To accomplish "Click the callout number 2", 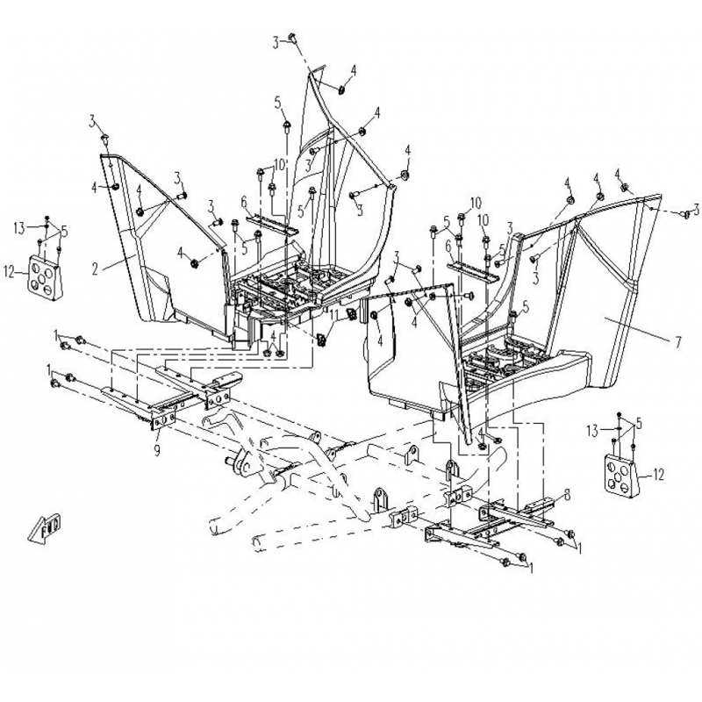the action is (x=95, y=269).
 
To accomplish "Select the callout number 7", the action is (x=678, y=342).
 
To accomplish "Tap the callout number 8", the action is (x=567, y=495).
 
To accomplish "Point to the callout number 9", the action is (x=157, y=450).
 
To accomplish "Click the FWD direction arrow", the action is (x=46, y=529).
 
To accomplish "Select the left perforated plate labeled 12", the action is (x=46, y=277).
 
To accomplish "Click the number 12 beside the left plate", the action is (x=10, y=272).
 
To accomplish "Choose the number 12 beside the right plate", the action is (x=659, y=475).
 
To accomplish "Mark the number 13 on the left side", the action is (x=19, y=229).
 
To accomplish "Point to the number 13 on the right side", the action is (x=592, y=431).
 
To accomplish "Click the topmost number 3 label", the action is (x=276, y=43).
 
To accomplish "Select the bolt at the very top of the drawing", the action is (x=293, y=38).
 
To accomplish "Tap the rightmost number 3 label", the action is (x=696, y=209).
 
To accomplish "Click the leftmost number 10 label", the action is (x=279, y=164).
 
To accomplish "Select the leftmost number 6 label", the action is (x=244, y=202).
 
